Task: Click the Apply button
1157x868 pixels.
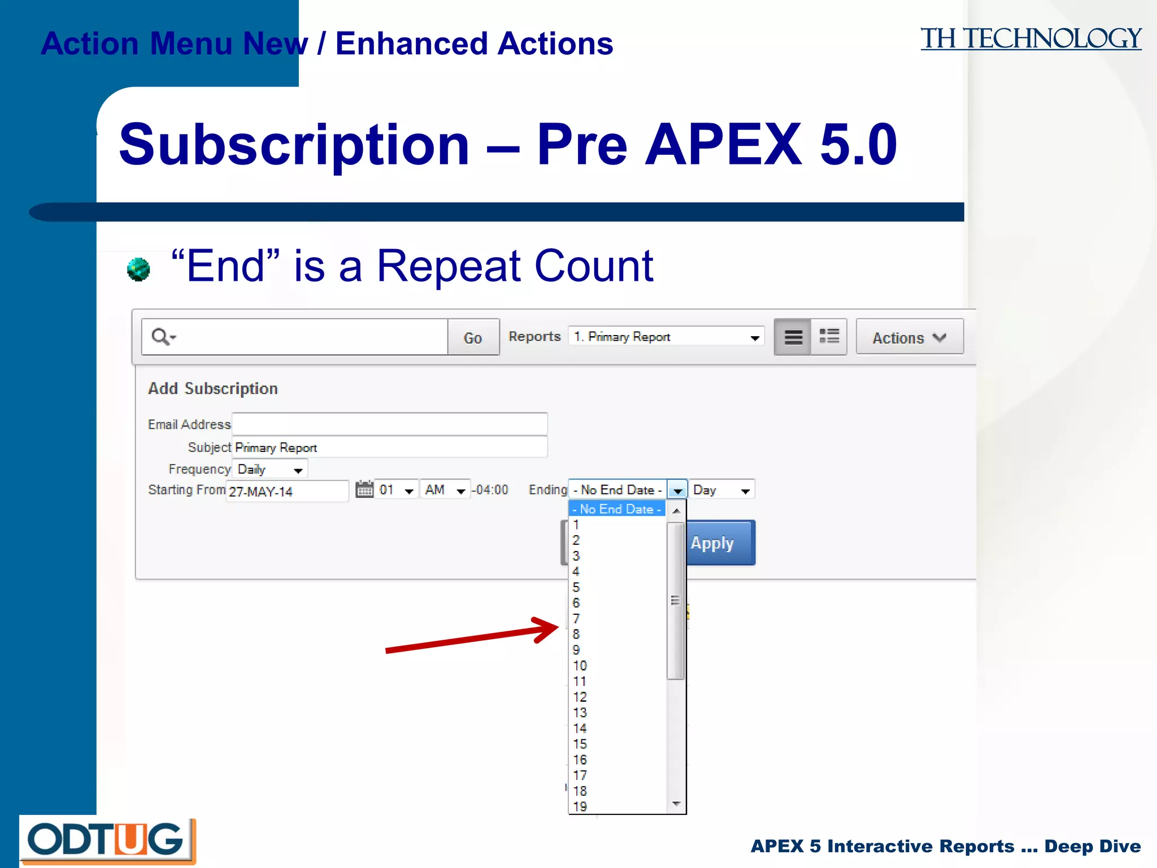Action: (x=720, y=543)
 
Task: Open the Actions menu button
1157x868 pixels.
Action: (x=909, y=337)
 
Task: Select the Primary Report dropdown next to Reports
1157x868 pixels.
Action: (x=666, y=337)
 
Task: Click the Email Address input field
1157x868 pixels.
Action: (x=389, y=424)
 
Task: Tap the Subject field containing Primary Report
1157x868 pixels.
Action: (x=389, y=448)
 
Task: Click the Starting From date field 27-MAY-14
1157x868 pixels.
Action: (x=287, y=491)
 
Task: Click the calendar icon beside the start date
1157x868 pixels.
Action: (x=364, y=489)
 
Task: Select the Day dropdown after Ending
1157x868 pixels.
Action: (x=721, y=490)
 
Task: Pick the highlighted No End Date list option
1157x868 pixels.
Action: (x=617, y=509)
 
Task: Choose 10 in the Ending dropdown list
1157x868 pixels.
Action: (x=580, y=666)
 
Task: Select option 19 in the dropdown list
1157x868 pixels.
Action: (x=580, y=806)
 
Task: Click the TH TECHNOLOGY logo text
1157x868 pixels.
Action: (x=1030, y=39)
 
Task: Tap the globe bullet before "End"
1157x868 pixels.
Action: (x=138, y=270)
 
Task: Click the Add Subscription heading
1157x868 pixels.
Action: (x=213, y=389)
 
